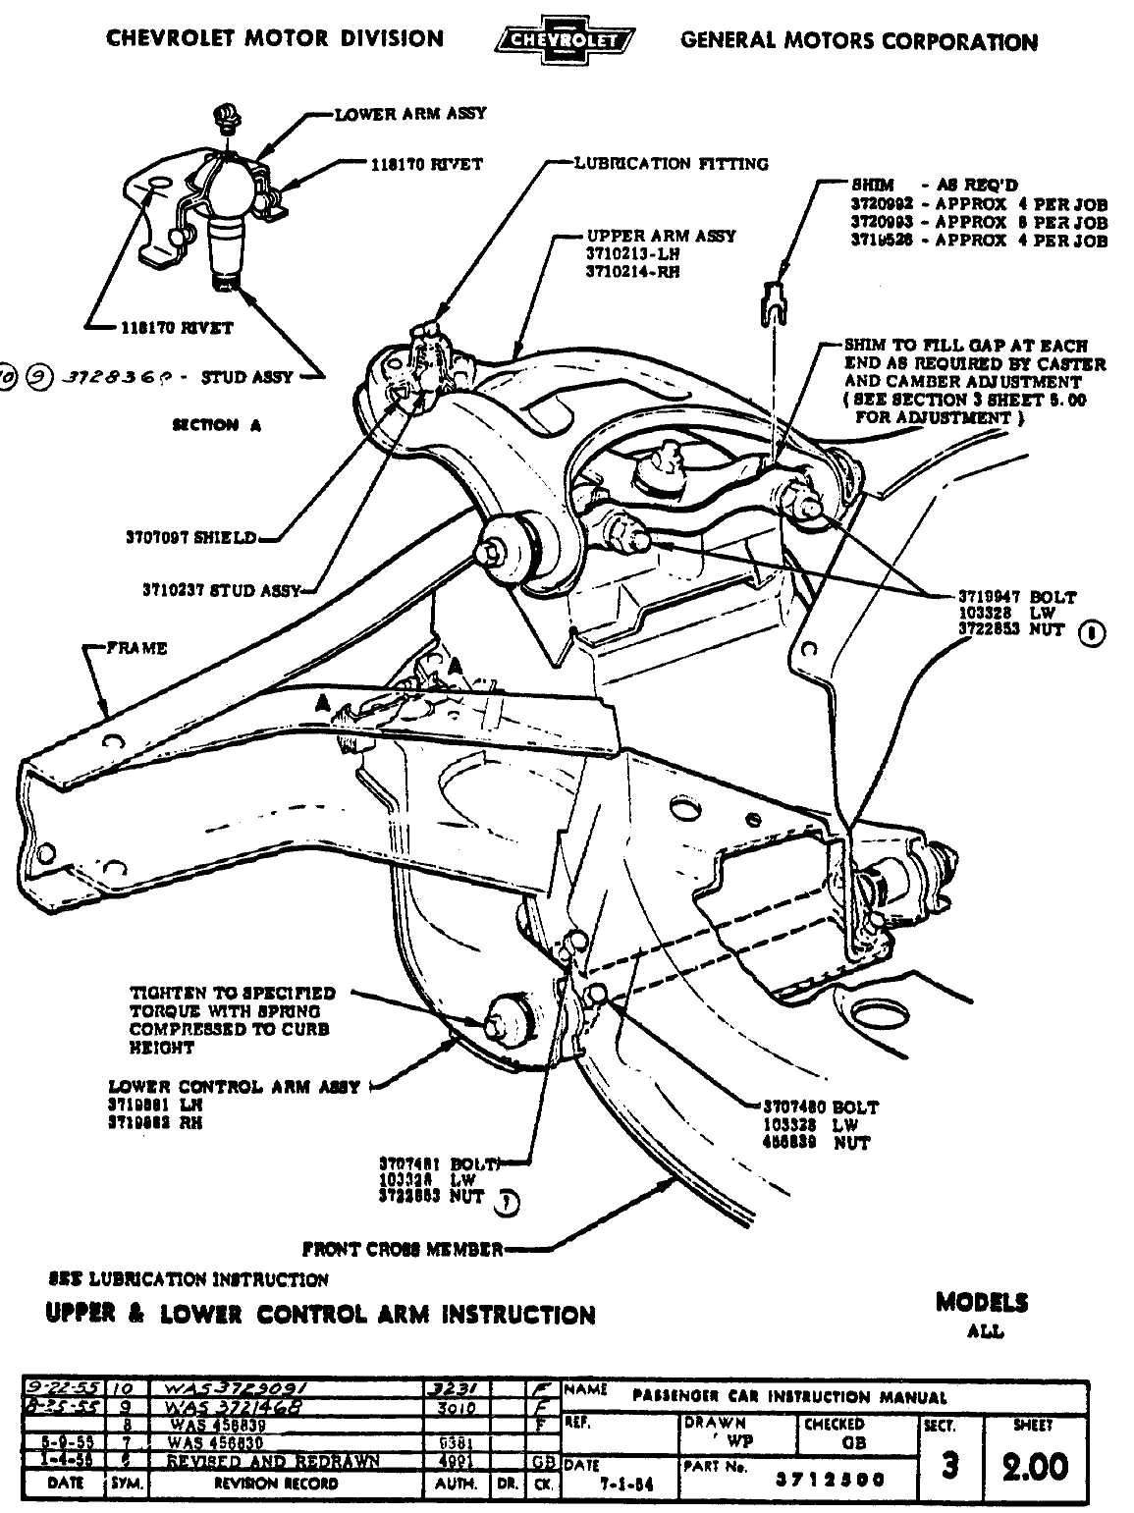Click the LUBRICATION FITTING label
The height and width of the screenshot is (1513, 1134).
(672, 163)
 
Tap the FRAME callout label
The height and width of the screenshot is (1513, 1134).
(137, 648)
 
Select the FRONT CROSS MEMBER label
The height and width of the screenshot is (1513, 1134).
(403, 1249)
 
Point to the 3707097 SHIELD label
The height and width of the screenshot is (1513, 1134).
(190, 537)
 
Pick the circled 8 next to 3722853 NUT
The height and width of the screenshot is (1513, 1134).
(1092, 632)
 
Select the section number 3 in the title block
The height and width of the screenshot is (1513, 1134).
(948, 1466)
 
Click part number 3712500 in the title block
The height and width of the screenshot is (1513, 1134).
(830, 1480)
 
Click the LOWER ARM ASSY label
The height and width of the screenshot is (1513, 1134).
(410, 114)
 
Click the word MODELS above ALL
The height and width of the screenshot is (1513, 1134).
(982, 1303)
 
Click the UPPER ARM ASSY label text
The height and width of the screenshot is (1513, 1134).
(661, 236)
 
